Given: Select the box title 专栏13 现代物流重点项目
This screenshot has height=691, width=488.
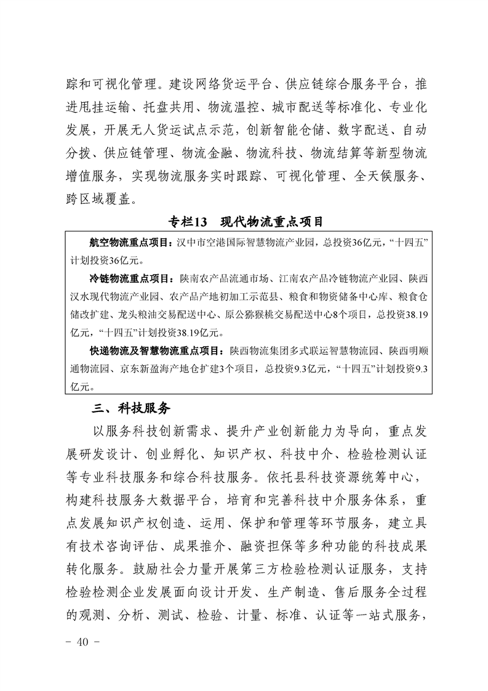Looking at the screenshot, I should tap(246, 220).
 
